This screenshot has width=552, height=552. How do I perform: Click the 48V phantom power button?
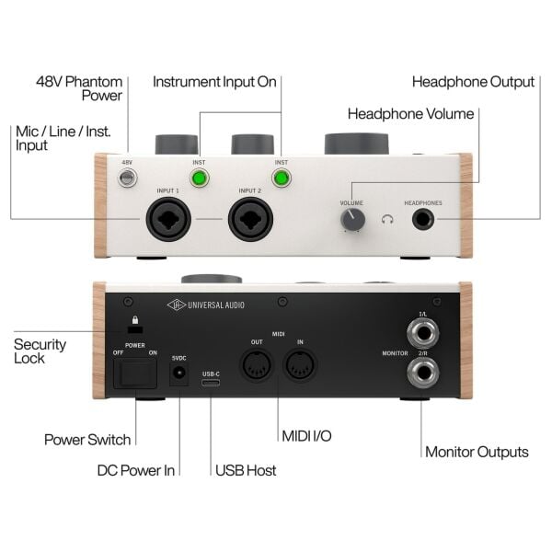coord(127,178)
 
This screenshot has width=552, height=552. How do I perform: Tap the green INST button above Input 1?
coord(200,178)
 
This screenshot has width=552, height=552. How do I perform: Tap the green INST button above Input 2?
coord(282,178)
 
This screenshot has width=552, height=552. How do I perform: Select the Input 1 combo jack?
coord(168,219)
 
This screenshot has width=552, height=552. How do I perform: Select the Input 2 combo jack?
coord(250,219)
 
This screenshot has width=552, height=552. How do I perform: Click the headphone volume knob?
coord(352,220)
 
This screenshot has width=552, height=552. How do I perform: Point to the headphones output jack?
coord(423,219)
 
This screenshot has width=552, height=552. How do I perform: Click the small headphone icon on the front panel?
coord(387,220)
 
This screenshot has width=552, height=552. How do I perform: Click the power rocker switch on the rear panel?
coord(135,373)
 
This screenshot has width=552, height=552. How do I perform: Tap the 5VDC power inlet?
coord(178,374)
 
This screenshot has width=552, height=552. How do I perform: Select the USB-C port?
coord(211,383)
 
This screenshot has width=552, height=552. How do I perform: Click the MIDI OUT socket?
coord(257,365)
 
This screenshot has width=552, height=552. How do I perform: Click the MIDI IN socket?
coord(300,365)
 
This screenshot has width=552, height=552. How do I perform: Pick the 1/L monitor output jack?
coord(423,333)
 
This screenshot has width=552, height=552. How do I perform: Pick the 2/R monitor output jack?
coord(423,373)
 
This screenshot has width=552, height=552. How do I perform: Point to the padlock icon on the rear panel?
coord(135,319)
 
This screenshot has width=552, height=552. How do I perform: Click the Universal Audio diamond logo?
coord(177,305)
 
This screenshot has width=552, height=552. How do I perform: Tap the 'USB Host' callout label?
coord(246,471)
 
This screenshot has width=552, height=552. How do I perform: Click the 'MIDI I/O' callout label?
coord(306,436)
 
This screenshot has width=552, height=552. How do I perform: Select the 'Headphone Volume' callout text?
coord(411,114)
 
